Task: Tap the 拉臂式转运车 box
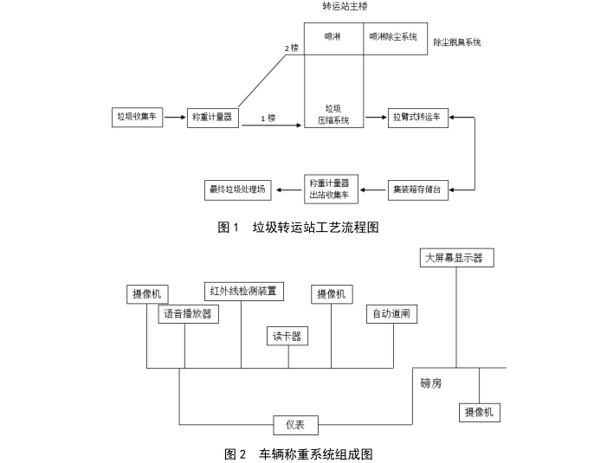point(419,116)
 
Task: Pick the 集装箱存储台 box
point(419,189)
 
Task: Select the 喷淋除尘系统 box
point(394,38)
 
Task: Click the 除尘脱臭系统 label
point(456,42)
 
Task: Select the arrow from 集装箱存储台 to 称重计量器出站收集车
point(375,189)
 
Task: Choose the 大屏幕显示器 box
point(453,258)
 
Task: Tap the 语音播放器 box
point(188,314)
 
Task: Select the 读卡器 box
point(287,337)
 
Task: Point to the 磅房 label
point(431,383)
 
